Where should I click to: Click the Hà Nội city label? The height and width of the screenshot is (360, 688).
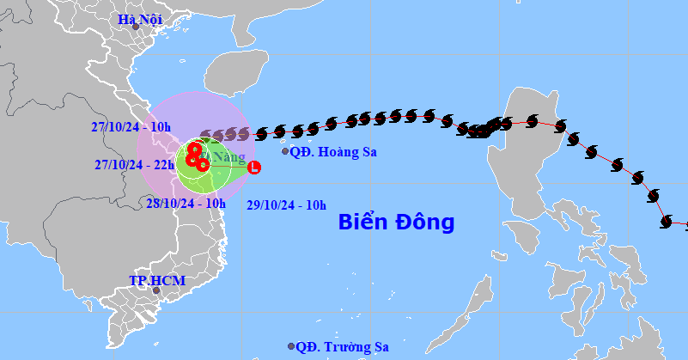(x=140, y=19)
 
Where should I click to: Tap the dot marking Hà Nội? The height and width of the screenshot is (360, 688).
(x=136, y=27)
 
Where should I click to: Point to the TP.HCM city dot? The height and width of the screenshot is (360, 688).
(x=156, y=290)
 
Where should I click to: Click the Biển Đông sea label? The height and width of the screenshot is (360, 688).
(x=396, y=223)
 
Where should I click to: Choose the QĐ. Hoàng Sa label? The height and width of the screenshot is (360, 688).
(x=333, y=152)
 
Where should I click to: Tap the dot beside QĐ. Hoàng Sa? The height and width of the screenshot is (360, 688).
(x=286, y=151)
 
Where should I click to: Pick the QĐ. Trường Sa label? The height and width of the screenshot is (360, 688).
(x=338, y=347)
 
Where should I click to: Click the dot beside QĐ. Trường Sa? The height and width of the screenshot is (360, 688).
(x=292, y=347)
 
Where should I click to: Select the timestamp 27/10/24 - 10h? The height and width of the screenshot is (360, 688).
(x=131, y=127)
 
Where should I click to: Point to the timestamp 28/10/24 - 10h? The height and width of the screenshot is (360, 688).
(x=185, y=204)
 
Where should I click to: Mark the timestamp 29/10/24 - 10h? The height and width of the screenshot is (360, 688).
(x=286, y=204)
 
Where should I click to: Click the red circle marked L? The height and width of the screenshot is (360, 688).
(x=253, y=168)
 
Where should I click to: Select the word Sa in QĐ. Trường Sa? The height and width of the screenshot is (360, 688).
(x=371, y=347)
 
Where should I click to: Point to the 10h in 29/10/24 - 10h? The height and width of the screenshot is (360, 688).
(x=315, y=204)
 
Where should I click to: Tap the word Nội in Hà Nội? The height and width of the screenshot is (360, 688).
(x=149, y=19)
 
